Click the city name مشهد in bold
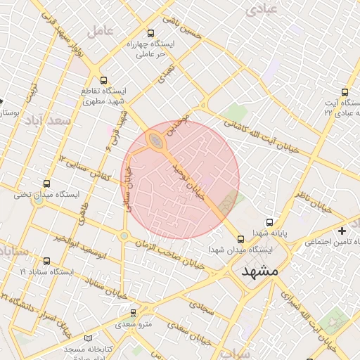pyautogui.click(x=259, y=271)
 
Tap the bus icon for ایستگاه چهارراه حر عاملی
pyautogui.click(x=150, y=33)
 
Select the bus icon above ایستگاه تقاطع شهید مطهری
pyautogui.click(x=104, y=80)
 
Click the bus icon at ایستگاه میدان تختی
pyautogui.click(x=47, y=183)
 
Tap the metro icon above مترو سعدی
pyautogui.click(x=134, y=312)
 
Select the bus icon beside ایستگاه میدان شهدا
pyautogui.click(x=241, y=238)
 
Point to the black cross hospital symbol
pyautogui.click(x=342, y=231)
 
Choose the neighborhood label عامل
pyautogui.click(x=100, y=31)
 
